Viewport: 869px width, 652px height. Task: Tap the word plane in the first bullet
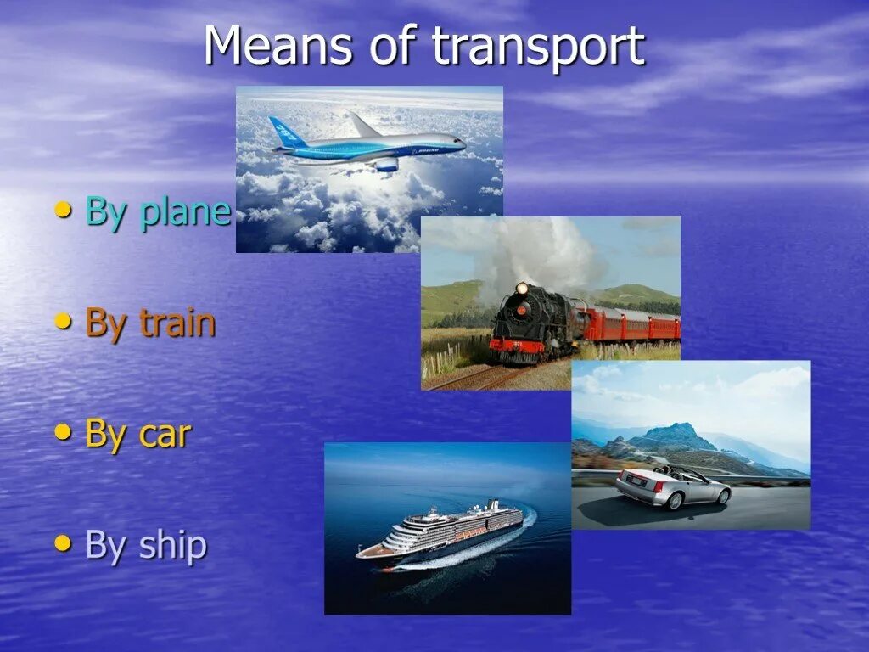[x=185, y=212]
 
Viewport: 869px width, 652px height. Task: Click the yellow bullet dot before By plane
[x=63, y=211]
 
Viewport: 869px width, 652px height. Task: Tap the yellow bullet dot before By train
[x=63, y=322]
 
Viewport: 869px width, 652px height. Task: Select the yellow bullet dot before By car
[x=63, y=432]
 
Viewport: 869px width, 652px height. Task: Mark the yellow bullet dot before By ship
[x=63, y=543]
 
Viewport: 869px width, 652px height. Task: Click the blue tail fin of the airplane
[x=287, y=132]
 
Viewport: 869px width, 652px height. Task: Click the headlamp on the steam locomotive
[x=521, y=289]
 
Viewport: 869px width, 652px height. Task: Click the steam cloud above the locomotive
[x=535, y=250]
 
